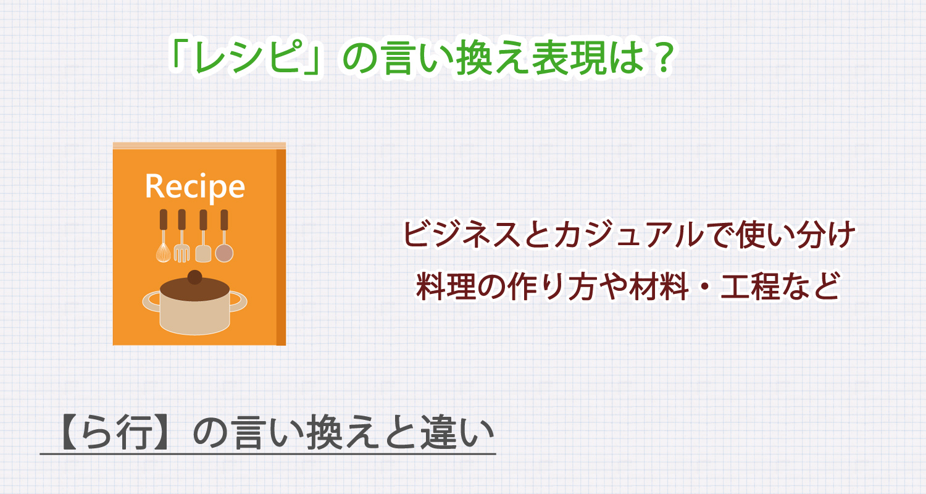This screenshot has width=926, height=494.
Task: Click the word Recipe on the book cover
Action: (x=194, y=186)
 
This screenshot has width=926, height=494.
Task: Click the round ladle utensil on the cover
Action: (x=223, y=252)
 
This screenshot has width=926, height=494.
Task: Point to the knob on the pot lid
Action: (x=194, y=277)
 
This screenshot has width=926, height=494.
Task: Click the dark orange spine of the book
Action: (x=281, y=247)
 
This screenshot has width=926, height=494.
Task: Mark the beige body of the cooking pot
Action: (x=194, y=315)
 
